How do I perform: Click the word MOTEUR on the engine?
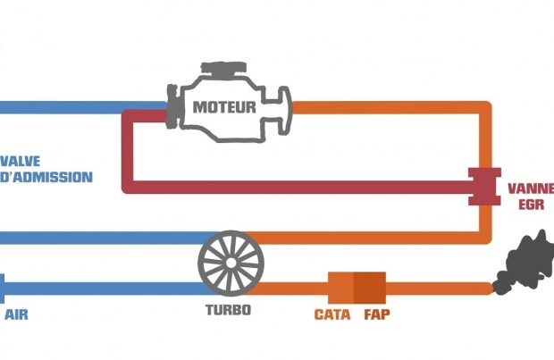225,107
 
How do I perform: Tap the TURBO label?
229,311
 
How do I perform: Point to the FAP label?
377,314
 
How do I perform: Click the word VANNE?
530,188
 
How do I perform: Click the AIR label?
16,314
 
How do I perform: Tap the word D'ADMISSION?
46,177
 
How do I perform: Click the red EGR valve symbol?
485,186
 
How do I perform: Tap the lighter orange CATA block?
340,287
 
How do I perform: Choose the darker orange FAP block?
369,287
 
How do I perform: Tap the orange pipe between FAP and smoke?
438,288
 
